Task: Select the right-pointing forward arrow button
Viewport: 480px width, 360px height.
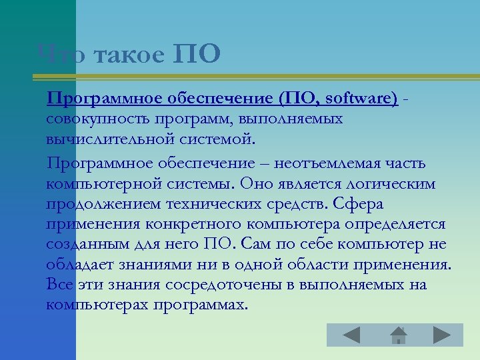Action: click(x=441, y=335)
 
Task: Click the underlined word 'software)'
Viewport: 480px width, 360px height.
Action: click(x=363, y=99)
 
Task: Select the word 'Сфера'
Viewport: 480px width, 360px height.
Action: click(x=360, y=203)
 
